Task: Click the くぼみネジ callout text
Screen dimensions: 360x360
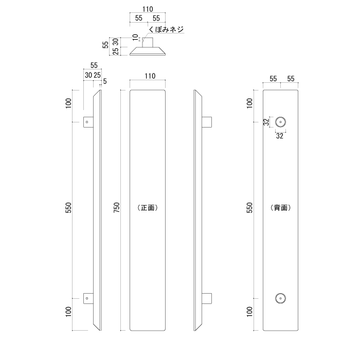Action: (x=166, y=30)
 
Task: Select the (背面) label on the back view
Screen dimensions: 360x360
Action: (x=280, y=208)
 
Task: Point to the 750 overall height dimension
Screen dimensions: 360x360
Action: (x=117, y=209)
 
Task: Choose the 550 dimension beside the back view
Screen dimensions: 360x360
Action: (x=250, y=209)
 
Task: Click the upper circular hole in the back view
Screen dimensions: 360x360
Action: (x=280, y=122)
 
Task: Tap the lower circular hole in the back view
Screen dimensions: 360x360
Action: (x=280, y=298)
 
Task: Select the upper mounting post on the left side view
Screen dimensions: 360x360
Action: (x=88, y=122)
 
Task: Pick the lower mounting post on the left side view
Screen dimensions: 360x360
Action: (x=88, y=298)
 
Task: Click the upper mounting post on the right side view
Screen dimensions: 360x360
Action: (x=207, y=122)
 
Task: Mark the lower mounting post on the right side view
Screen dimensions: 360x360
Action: (x=207, y=298)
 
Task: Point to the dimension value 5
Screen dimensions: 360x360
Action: (x=105, y=81)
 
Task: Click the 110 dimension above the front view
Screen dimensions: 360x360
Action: (x=150, y=76)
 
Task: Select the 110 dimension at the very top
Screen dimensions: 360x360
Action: (x=147, y=9)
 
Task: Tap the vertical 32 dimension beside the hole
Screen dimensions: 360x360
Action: (x=265, y=122)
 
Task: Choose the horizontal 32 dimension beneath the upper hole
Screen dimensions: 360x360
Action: (x=280, y=136)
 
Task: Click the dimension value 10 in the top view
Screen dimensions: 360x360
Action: (x=135, y=38)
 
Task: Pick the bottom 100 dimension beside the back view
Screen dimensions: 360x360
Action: (x=250, y=312)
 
